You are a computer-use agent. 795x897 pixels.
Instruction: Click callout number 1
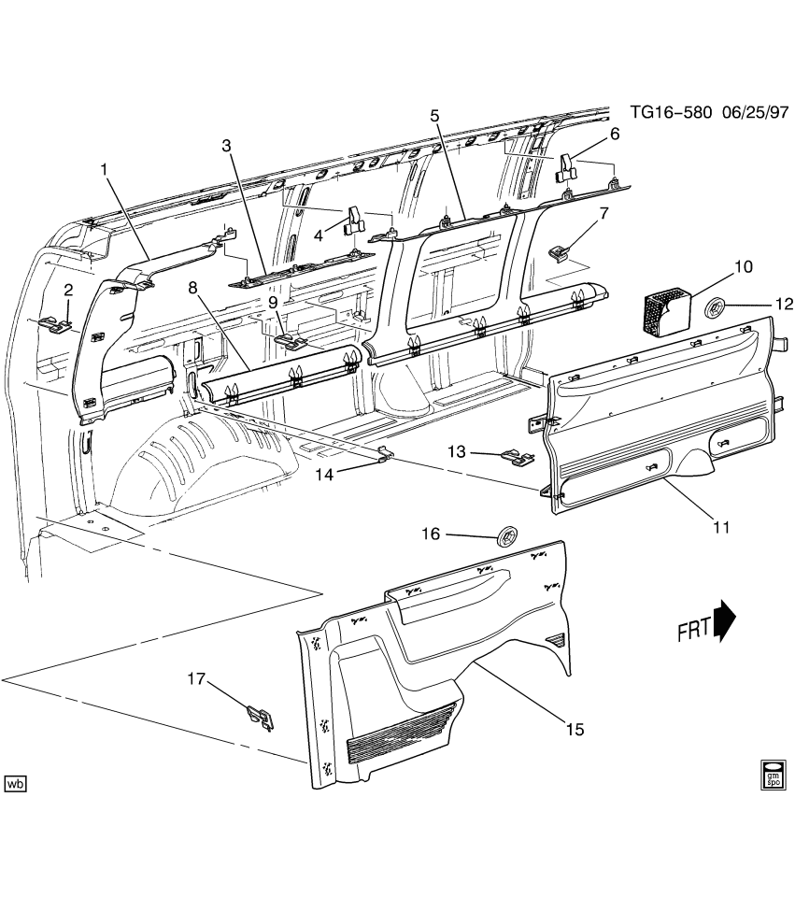(105, 169)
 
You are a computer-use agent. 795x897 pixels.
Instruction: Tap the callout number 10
(743, 267)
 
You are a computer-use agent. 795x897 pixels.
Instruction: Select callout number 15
(574, 728)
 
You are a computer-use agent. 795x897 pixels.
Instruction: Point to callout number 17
(195, 679)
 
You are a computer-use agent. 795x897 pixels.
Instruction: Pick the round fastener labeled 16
(509, 536)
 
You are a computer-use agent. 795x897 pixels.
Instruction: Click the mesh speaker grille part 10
(664, 308)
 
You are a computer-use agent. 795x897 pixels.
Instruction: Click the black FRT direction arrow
(725, 620)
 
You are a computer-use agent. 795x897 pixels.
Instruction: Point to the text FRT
(694, 633)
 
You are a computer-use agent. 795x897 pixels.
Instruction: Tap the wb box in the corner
(15, 783)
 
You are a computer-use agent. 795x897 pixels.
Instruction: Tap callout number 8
(192, 289)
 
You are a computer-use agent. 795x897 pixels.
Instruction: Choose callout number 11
(720, 528)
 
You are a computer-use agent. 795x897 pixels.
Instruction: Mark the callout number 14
(324, 474)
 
